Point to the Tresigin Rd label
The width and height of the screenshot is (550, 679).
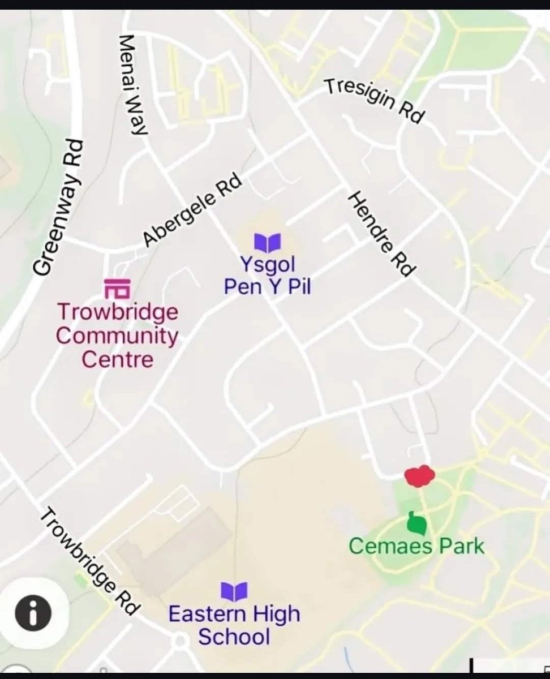[x=373, y=101]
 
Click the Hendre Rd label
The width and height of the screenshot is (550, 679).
[x=380, y=233]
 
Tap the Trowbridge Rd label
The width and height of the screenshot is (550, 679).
[x=90, y=561]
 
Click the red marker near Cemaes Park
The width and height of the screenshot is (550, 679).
[x=419, y=476]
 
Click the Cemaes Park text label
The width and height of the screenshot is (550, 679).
[x=416, y=547]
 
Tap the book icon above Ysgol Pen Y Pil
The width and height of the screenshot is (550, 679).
[x=267, y=243]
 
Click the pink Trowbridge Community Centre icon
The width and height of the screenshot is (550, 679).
[x=117, y=288]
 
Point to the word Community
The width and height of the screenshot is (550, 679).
[x=117, y=336]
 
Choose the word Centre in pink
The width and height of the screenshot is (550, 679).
[x=117, y=359]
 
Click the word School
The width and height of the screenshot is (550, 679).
[x=234, y=637]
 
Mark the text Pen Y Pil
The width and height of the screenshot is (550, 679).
[x=267, y=287]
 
